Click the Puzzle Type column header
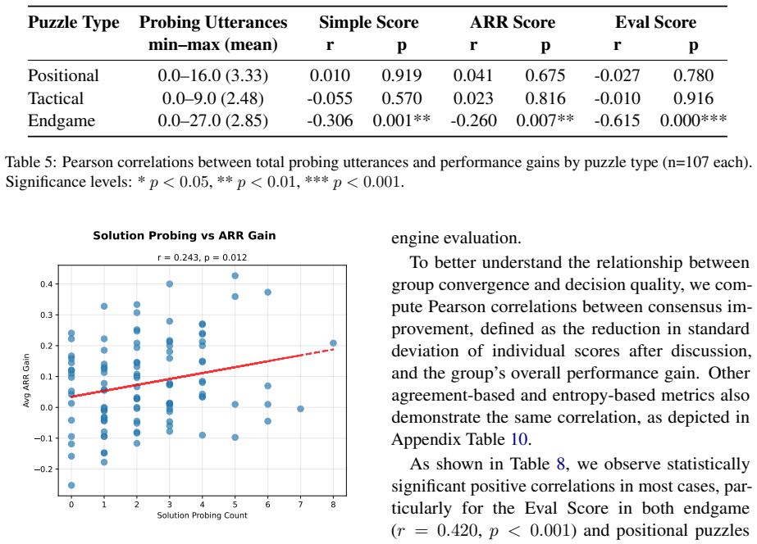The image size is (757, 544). pos(73,22)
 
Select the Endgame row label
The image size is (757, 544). pos(62,120)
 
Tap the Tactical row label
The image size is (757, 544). pos(56,98)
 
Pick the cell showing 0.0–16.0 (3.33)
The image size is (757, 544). pos(213,75)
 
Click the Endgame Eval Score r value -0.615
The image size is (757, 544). pos(617,120)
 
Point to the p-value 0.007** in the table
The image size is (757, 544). pos(545,120)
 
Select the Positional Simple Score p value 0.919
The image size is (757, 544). pos(402,75)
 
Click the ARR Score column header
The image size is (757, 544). pos(513,22)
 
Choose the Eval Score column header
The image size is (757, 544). pos(655,22)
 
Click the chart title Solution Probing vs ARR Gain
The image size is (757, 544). pos(185,236)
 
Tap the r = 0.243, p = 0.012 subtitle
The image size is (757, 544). pos(203,257)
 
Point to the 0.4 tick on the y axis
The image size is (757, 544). pos(47,284)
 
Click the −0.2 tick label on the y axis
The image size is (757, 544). pos(43,469)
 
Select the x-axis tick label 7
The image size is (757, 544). pos(300,505)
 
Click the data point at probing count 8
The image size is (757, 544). pos(333,343)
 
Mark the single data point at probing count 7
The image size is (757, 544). pos(300,409)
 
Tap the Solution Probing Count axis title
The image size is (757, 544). pos(203,515)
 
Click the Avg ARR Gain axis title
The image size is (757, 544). pos(26,380)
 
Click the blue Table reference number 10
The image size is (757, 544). pos(519,439)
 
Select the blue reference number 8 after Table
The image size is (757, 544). pos(560,464)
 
